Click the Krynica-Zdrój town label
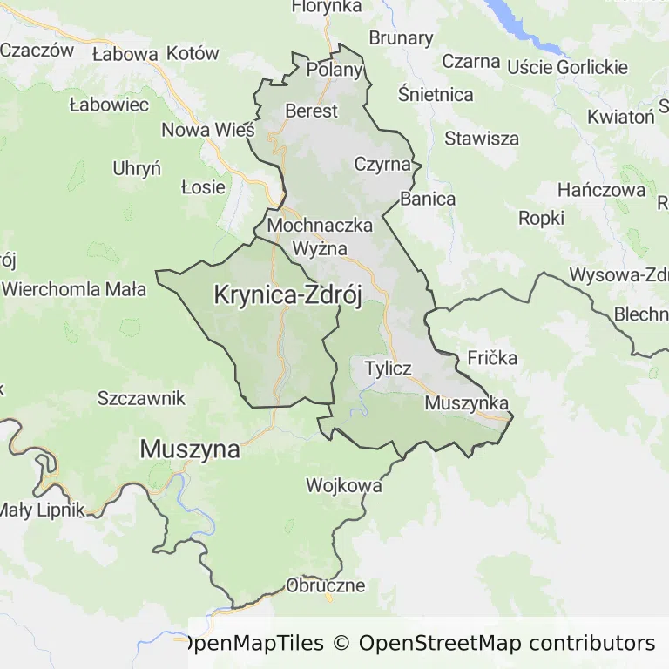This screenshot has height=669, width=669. tap(287, 295)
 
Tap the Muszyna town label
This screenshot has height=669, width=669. tap(189, 449)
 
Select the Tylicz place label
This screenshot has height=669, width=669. tap(389, 368)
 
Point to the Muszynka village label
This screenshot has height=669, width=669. tap(467, 403)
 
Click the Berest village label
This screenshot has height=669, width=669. tap(311, 111)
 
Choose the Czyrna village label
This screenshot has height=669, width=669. tap(382, 164)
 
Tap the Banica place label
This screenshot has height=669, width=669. tap(428, 199)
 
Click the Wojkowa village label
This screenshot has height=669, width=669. tap(343, 485)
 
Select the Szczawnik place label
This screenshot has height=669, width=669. tap(142, 398)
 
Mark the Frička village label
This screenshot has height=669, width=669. tap(492, 357)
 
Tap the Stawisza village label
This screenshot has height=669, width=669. tap(482, 138)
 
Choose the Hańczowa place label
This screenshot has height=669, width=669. tap(602, 189)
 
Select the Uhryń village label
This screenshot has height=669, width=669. tap(137, 168)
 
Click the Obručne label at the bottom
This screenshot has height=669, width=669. tap(325, 585)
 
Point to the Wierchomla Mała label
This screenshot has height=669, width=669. tap(75, 289)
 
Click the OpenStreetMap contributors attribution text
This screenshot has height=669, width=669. tap(506, 644)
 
